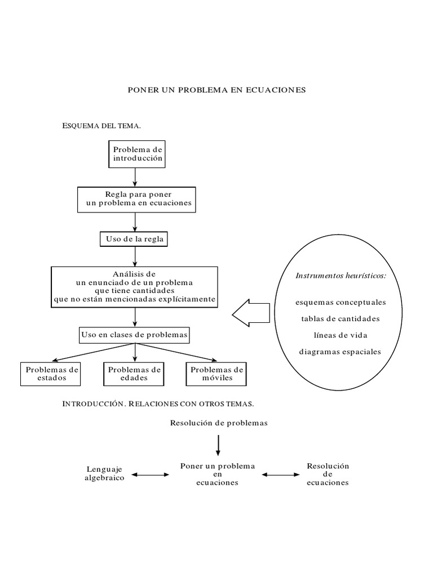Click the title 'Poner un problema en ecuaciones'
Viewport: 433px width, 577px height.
(x=216, y=90)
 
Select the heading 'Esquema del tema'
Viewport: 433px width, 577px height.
(x=101, y=126)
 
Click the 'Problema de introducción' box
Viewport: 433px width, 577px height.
(x=138, y=154)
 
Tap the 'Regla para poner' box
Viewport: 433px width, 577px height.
(x=138, y=199)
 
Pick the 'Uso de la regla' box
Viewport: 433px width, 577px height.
(x=135, y=239)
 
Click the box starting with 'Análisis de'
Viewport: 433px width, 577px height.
(x=134, y=287)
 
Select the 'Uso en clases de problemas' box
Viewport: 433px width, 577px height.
(x=134, y=335)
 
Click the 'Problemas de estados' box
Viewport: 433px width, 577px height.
(x=51, y=374)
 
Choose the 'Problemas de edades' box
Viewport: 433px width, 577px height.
(x=134, y=374)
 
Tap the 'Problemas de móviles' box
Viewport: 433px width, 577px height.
(x=217, y=374)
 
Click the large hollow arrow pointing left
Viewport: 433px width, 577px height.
(x=251, y=312)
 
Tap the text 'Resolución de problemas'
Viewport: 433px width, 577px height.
(x=219, y=423)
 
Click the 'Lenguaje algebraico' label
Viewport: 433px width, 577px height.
(x=105, y=473)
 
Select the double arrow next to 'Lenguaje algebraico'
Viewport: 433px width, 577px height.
(x=149, y=475)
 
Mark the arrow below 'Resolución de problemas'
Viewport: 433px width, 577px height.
(x=218, y=445)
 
